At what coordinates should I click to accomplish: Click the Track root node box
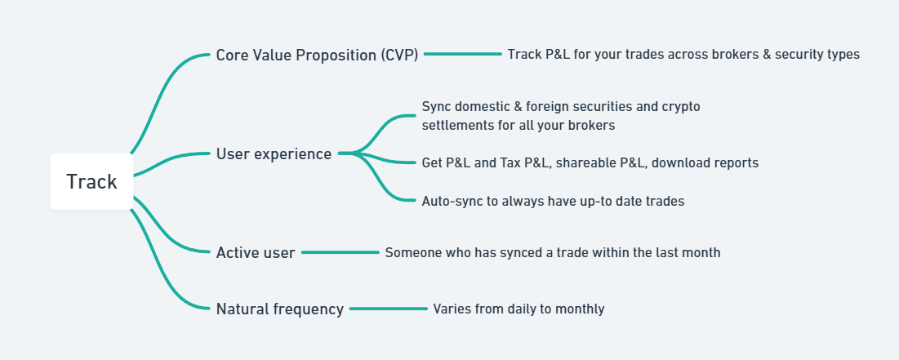pyautogui.click(x=91, y=181)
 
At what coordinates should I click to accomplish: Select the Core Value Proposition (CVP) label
pyautogui.click(x=317, y=55)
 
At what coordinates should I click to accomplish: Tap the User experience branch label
pyautogui.click(x=274, y=154)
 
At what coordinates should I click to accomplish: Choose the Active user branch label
pyautogui.click(x=255, y=253)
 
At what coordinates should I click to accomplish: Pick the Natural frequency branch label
pyautogui.click(x=280, y=309)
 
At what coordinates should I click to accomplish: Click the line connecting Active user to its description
pyautogui.click(x=340, y=252)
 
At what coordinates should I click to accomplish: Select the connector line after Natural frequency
pyautogui.click(x=388, y=309)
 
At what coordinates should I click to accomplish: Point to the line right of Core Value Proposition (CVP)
pyautogui.click(x=463, y=55)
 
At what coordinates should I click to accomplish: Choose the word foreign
pyautogui.click(x=517, y=107)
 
